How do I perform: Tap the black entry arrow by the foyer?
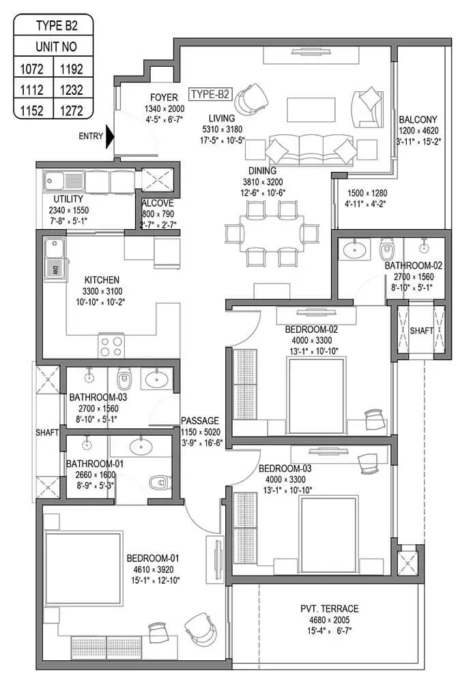(x=110, y=136)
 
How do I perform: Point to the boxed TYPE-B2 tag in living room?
(x=209, y=94)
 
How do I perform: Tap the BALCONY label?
(x=418, y=120)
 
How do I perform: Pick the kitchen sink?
(x=54, y=259)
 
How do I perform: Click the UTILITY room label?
(x=68, y=199)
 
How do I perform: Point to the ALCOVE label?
(x=157, y=203)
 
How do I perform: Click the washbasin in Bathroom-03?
(x=158, y=378)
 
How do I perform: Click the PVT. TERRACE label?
(x=329, y=608)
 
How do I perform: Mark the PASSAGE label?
(x=199, y=421)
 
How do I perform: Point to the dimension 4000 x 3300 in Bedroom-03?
(x=285, y=480)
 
